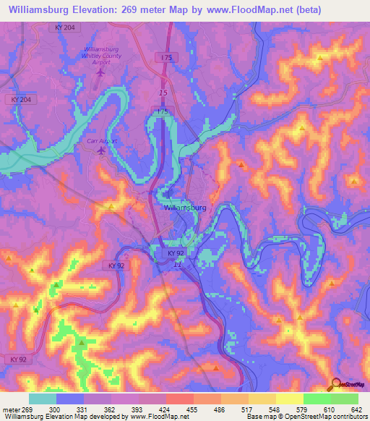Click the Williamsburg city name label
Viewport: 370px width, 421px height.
click(185, 207)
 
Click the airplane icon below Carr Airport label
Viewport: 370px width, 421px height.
click(100, 150)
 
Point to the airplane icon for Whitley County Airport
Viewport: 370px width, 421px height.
click(100, 72)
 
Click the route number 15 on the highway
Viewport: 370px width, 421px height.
click(163, 94)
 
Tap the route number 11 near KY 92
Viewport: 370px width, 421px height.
click(176, 265)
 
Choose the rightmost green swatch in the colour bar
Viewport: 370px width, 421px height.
click(344, 398)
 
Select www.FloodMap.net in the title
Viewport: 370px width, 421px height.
click(229, 10)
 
